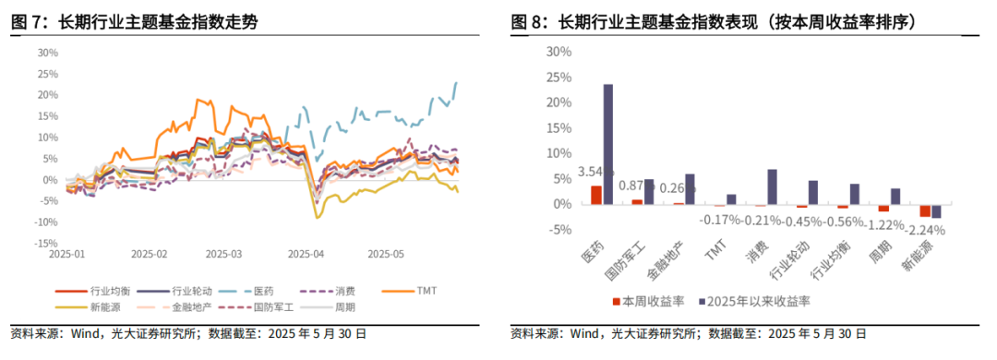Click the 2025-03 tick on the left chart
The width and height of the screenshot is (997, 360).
222,253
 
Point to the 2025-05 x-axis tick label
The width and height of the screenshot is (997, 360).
386,253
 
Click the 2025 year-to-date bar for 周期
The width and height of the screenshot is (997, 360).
895,197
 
